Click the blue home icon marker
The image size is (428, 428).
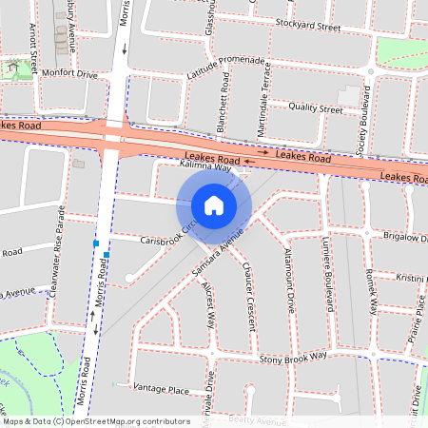click(x=214, y=204)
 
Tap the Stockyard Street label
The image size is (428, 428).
click(x=307, y=26)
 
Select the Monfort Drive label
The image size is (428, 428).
click(x=68, y=73)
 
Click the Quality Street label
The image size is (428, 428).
click(x=315, y=108)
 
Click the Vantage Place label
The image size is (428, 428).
click(x=161, y=389)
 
